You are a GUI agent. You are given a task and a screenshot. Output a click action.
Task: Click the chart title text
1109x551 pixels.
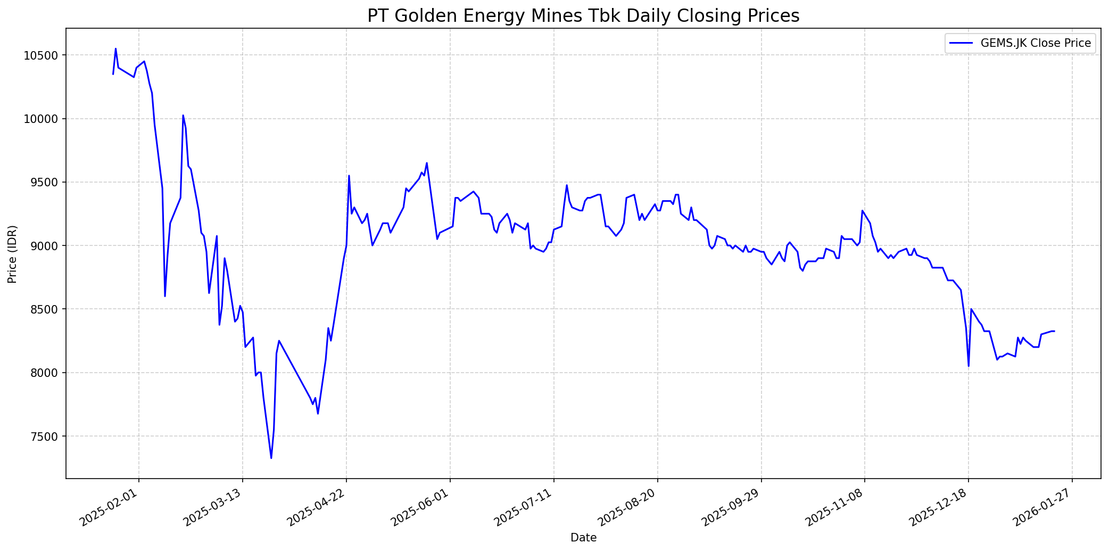pos(583,16)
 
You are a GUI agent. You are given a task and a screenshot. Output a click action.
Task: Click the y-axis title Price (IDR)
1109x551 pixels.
pos(12,254)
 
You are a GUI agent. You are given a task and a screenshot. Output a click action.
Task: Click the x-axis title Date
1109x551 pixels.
pos(583,538)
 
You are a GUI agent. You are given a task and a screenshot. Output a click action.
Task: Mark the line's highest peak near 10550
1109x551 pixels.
pos(115,48)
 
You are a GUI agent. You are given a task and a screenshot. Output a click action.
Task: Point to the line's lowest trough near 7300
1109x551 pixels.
pos(271,458)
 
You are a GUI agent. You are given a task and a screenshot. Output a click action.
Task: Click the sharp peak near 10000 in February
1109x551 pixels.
pos(183,115)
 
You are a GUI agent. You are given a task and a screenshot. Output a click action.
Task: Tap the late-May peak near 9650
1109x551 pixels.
pos(427,163)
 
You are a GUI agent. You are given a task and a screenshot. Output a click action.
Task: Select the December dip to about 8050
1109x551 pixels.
pos(969,366)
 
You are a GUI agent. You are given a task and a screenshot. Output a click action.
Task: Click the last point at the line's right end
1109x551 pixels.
pos(1055,331)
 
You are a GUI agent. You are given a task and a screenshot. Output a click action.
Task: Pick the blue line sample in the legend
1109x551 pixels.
pos(961,43)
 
